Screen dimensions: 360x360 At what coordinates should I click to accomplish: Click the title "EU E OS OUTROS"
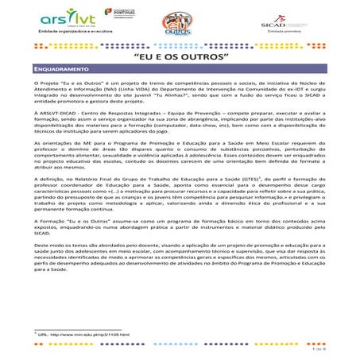(179, 58)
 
